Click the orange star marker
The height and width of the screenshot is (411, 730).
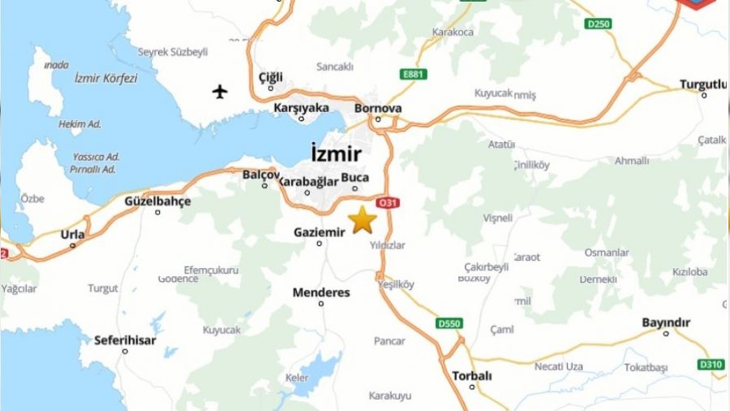coord(363,219)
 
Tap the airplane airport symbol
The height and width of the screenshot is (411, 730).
coord(221,91)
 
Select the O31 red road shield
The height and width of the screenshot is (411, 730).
coord(387,202)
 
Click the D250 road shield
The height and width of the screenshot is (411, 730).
coord(598,24)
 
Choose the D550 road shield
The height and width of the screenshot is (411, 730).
coord(449,323)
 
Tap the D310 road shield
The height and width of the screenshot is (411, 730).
coord(711,364)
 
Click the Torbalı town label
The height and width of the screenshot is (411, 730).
coord(471,375)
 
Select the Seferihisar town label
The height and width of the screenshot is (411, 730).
coord(125,340)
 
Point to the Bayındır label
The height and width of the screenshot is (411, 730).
coord(666,322)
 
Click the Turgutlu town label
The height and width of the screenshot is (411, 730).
coord(703,84)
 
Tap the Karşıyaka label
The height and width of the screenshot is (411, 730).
coord(301,107)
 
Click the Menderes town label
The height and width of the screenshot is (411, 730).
coord(321,292)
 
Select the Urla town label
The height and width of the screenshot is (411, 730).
coord(72,235)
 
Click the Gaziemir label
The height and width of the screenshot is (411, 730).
coord(319,231)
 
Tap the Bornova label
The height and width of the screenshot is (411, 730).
coord(378,108)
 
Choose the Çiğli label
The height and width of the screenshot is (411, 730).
coord(270,76)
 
